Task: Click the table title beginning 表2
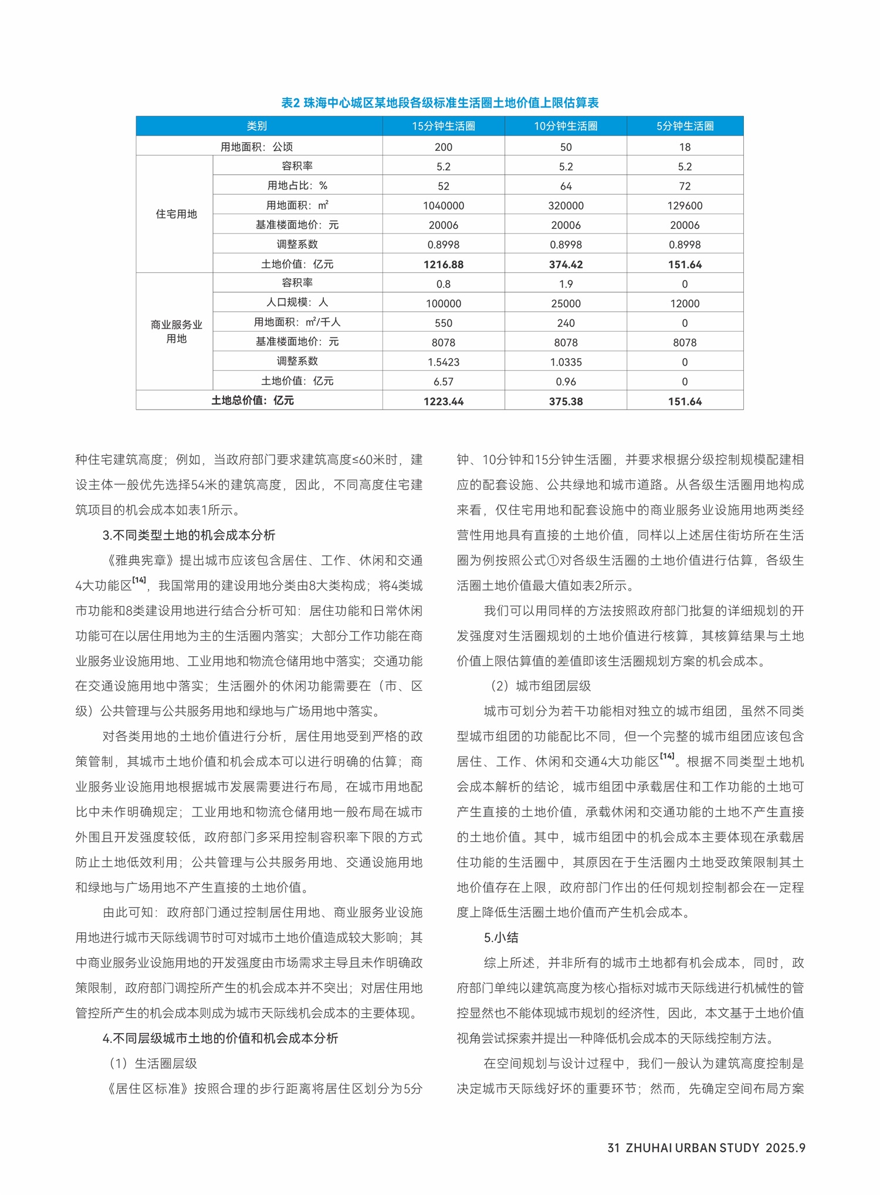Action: (439, 103)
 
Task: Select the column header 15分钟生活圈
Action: (443, 126)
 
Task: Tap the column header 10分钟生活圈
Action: (566, 126)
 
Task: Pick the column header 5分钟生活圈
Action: (685, 126)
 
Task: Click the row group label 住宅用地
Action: (176, 214)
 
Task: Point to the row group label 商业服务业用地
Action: (176, 332)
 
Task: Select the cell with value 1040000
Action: (443, 205)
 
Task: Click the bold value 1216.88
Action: (443, 265)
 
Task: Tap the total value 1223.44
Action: (443, 401)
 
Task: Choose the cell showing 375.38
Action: (566, 401)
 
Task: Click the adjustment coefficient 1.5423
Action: (443, 362)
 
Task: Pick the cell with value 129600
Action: (685, 205)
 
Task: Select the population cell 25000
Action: (566, 303)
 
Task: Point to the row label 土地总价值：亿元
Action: (252, 401)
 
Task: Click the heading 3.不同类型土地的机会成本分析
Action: (189, 535)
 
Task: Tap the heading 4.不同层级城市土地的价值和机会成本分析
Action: (220, 1038)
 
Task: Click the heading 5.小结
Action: (501, 938)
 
